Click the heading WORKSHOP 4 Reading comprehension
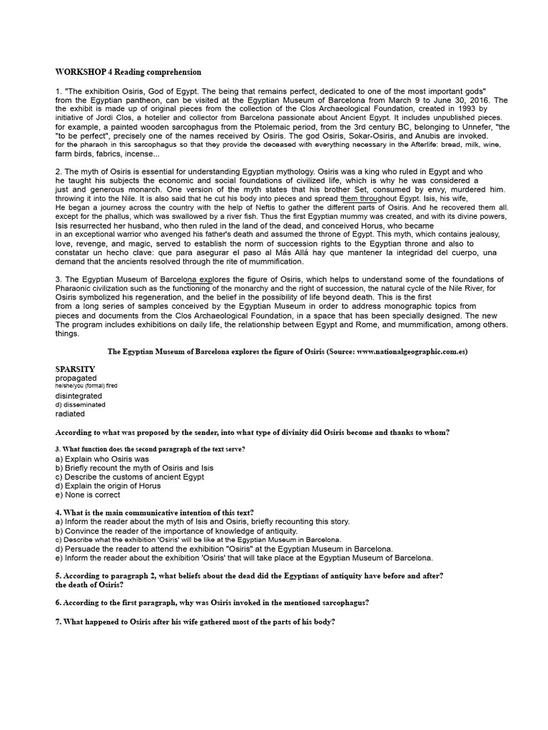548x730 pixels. (128, 72)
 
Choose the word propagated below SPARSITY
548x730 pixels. (76, 378)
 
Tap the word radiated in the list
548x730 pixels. (70, 413)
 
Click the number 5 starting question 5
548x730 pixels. (57, 575)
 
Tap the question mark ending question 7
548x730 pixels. (333, 621)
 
